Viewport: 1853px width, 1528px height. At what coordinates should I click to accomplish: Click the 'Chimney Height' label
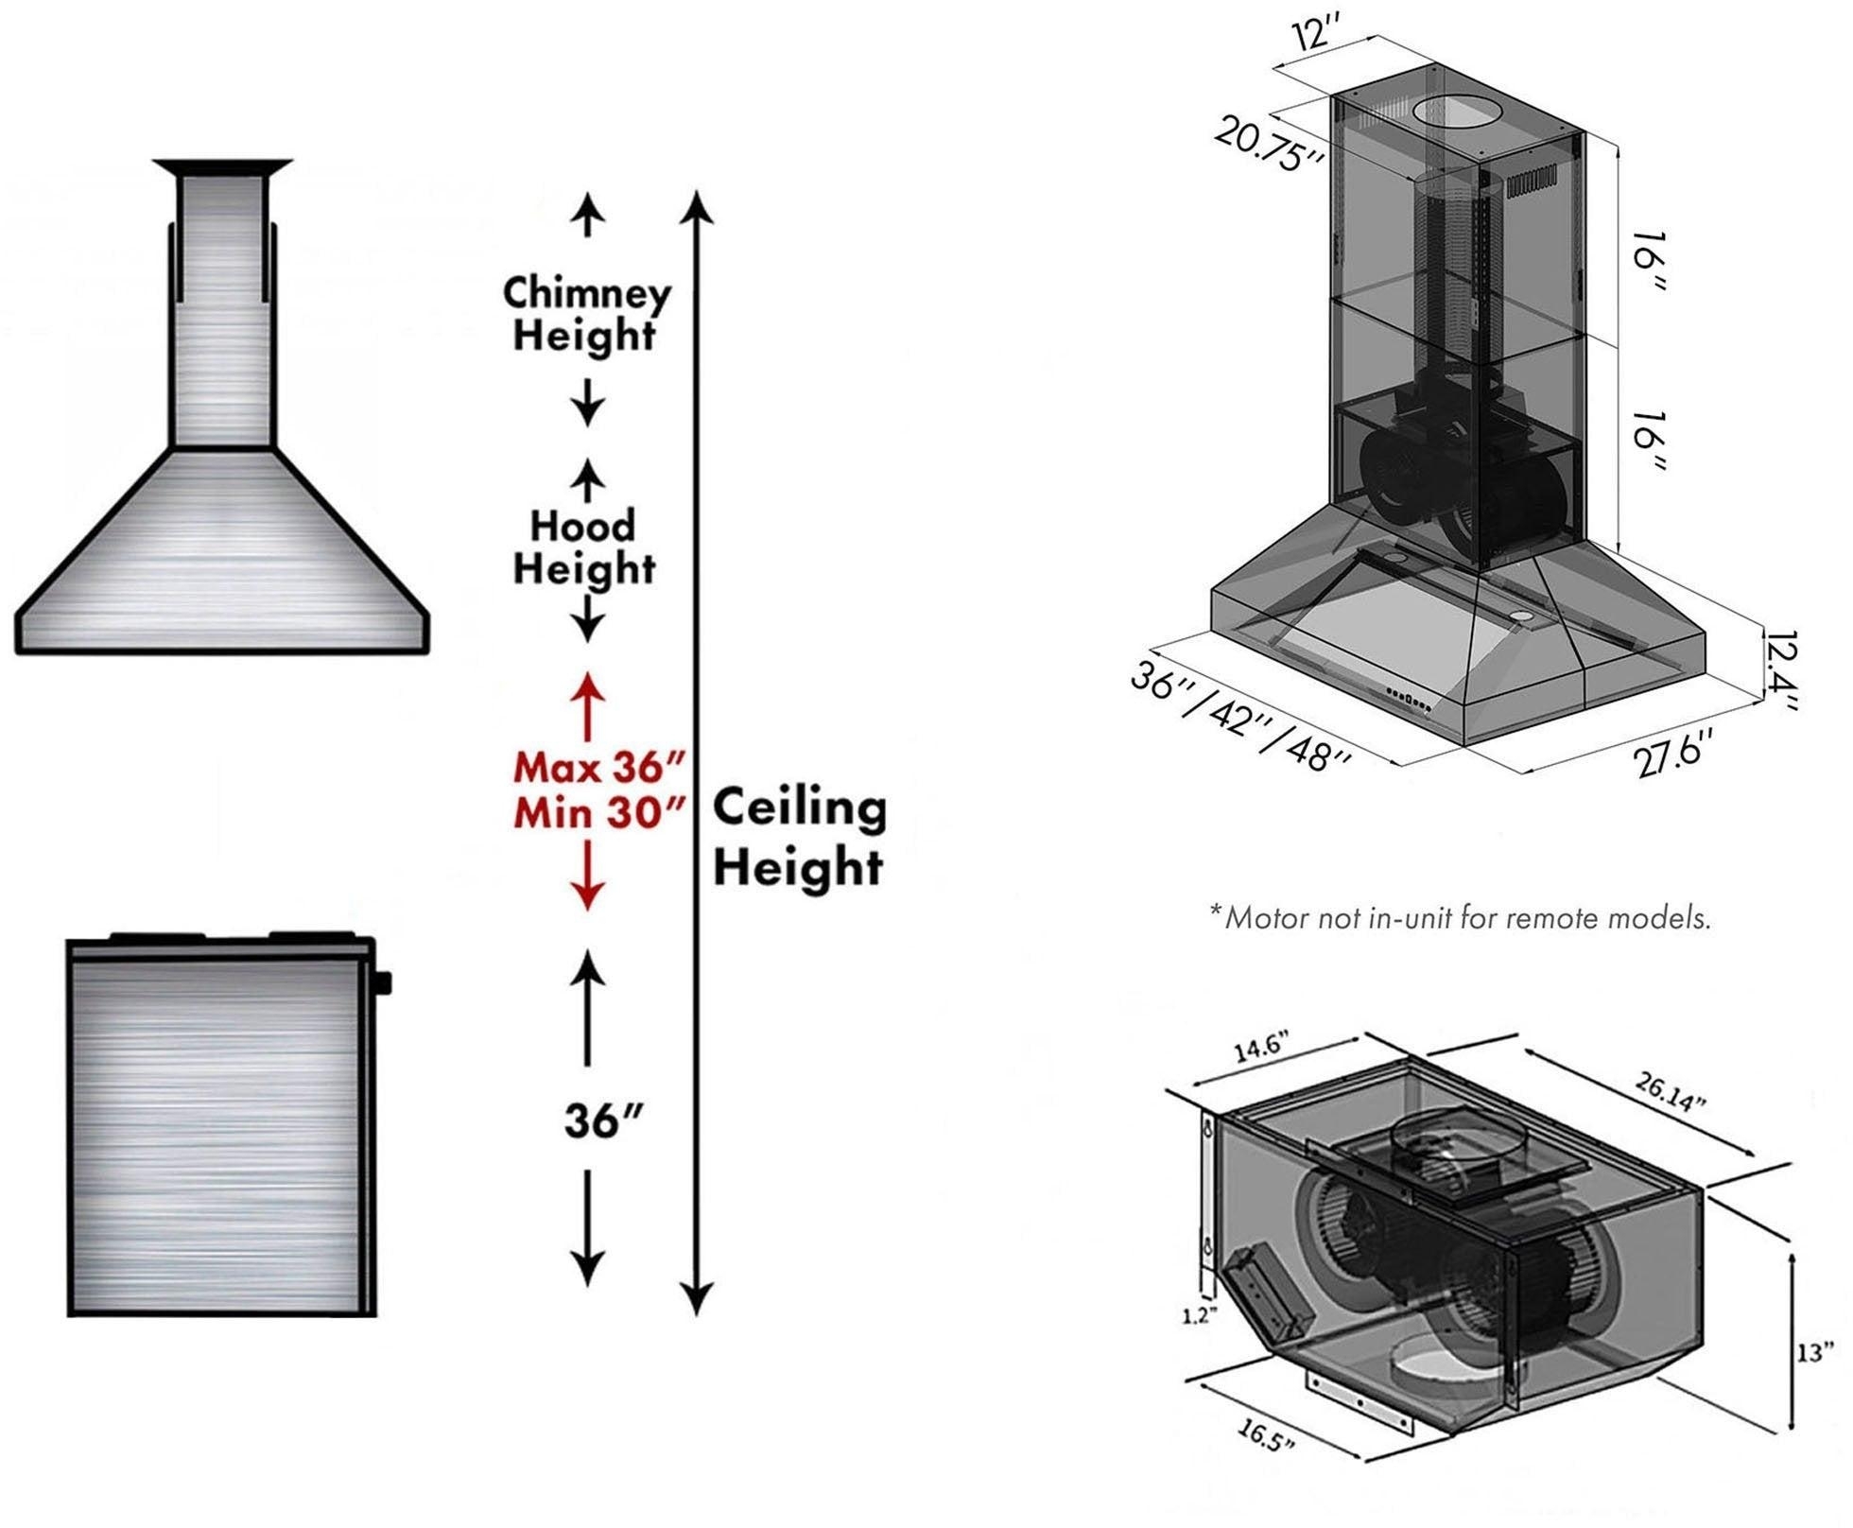pos(586,314)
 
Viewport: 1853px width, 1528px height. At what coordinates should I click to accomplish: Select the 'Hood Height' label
pos(583,547)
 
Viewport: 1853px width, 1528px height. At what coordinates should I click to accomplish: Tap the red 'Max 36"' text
pos(597,767)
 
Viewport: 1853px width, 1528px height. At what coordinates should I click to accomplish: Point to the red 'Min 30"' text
pos(598,812)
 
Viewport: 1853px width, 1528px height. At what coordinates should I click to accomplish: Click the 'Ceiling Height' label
pos(799,837)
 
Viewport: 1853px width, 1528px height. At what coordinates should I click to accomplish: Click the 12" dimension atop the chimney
pos(1317,35)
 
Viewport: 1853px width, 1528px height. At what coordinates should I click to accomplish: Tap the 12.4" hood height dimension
pos(1779,669)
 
